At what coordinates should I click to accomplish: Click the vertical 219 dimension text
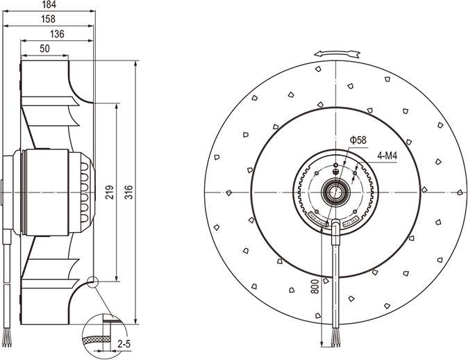tap(109, 193)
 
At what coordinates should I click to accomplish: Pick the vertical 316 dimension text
tap(128, 193)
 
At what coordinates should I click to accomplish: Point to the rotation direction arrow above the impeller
tap(335, 53)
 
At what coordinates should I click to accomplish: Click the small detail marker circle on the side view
tap(93, 282)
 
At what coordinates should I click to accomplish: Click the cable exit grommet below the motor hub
tap(335, 229)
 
